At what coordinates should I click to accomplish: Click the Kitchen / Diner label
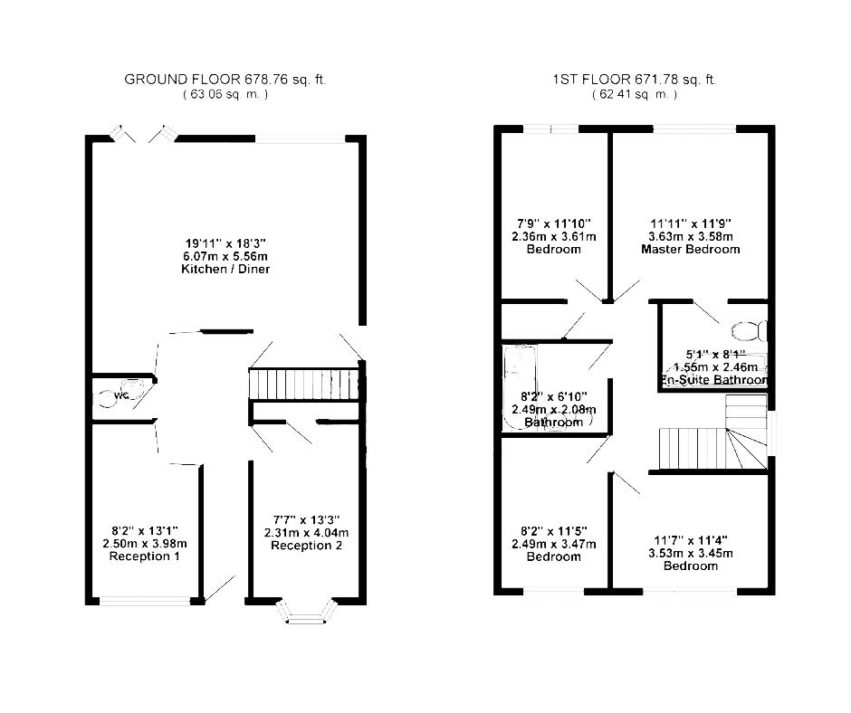pos(225,269)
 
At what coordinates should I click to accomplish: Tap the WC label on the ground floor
pos(120,395)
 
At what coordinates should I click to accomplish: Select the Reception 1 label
pos(144,556)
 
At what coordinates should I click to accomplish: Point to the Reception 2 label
pos(307,546)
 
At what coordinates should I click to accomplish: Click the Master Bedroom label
pos(691,250)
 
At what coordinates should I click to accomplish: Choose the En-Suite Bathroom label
pos(714,380)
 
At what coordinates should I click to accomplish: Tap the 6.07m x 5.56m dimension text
pos(225,256)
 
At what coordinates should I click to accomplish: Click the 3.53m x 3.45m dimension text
pos(691,554)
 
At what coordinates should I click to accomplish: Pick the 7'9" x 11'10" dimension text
pos(553,223)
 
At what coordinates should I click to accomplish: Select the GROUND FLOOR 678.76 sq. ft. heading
pos(225,80)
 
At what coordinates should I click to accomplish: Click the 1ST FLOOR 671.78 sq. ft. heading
pos(635,80)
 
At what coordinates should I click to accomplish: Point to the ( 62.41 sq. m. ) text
pos(635,94)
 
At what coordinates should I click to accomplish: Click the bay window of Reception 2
pos(307,612)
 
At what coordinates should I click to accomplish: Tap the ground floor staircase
pos(304,385)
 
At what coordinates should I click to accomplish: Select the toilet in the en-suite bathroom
pos(750,331)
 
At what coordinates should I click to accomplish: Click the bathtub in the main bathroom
pos(520,386)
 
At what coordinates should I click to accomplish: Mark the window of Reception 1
pos(145,601)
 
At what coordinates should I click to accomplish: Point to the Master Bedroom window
pos(694,129)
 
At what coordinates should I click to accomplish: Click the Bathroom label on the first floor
pos(553,423)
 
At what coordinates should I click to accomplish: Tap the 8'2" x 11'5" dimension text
pos(553,531)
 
